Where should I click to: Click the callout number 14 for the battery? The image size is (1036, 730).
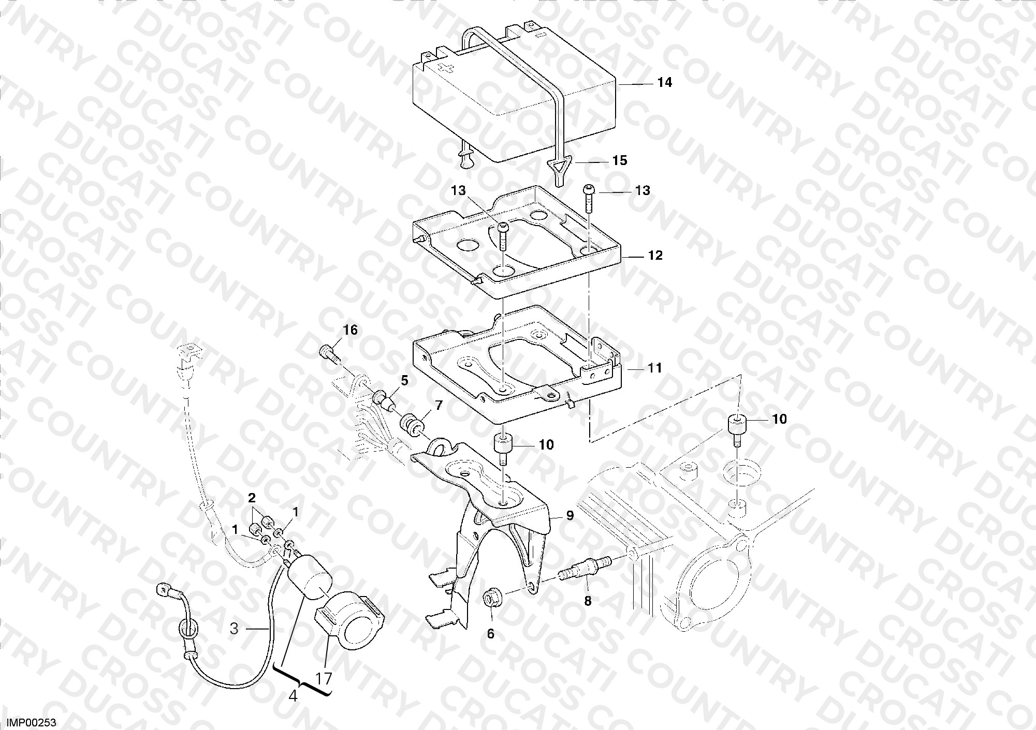tap(664, 82)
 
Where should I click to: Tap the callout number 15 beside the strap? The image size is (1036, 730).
tap(620, 160)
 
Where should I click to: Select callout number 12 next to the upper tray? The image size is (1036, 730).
tap(655, 256)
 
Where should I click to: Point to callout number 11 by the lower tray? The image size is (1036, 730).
tap(655, 368)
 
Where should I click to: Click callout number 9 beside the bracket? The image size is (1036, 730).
tap(570, 516)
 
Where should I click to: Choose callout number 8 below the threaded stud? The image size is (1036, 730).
tap(587, 601)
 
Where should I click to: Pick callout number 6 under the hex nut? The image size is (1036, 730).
tap(491, 633)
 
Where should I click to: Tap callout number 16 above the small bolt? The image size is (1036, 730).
tap(351, 330)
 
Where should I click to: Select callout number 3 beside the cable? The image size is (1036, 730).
tap(234, 629)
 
